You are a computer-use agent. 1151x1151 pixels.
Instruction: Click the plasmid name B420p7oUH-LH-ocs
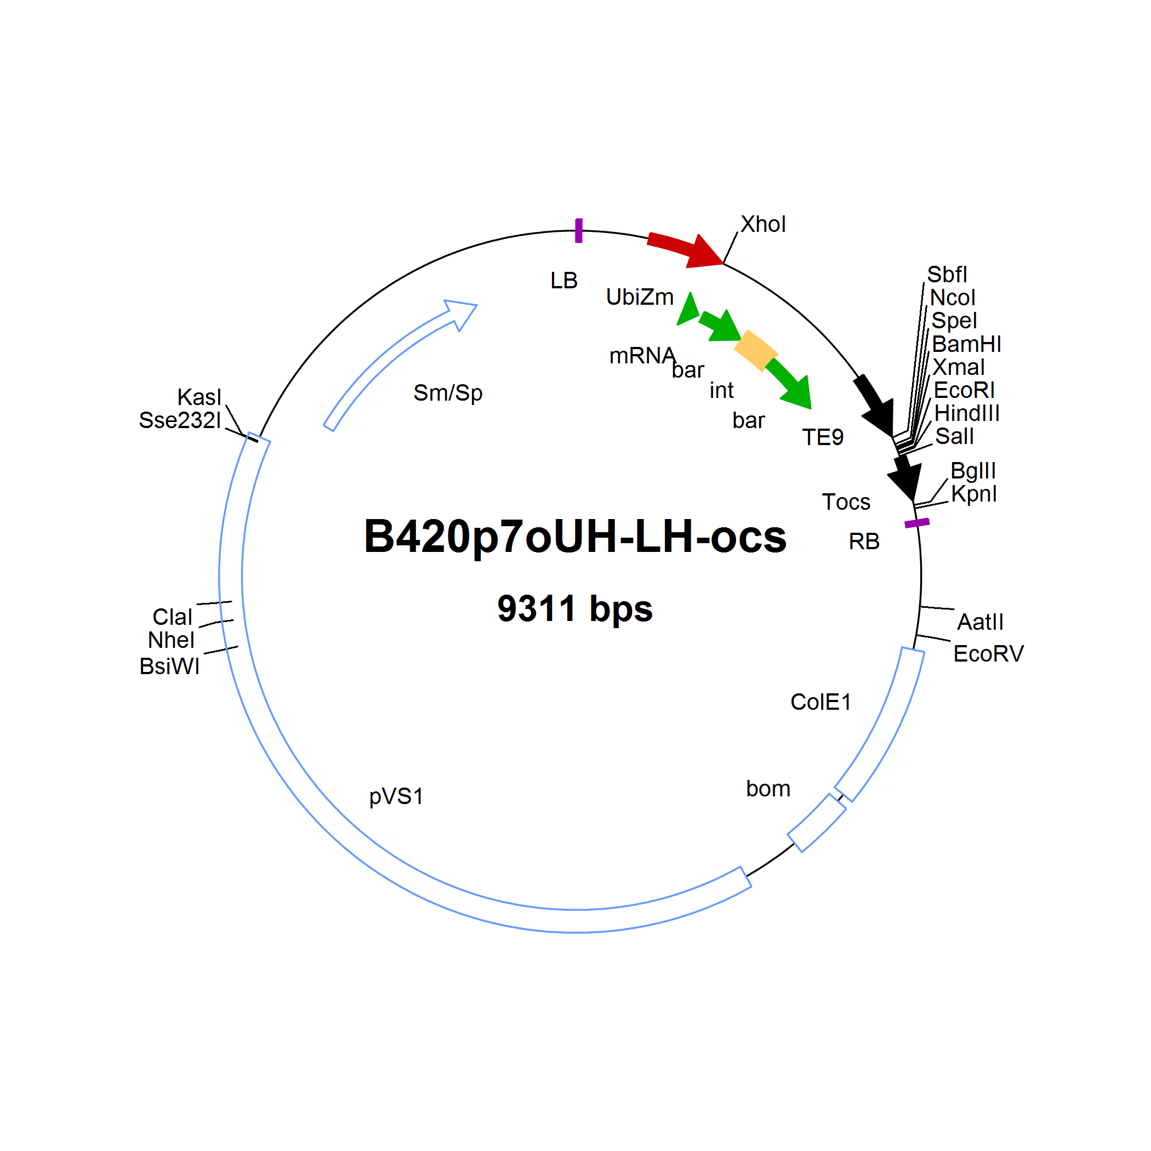pos(575,537)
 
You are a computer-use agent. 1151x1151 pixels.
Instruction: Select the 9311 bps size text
pos(575,608)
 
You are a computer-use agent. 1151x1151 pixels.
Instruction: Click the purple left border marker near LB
pos(578,231)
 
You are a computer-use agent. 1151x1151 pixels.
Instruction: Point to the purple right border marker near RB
pos(917,523)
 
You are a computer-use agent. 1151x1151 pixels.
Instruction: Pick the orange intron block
pos(755,350)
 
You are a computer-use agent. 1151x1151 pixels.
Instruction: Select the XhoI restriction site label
pos(763,225)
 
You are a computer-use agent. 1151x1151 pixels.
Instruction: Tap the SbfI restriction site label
pos(947,275)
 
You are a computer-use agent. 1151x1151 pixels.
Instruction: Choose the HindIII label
pos(967,413)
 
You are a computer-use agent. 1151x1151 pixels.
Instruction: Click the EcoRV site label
pos(988,653)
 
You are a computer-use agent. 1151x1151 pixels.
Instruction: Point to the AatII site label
pos(980,622)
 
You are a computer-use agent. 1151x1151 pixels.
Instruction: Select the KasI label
pos(199,397)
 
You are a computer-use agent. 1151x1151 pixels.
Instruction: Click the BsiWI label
pos(170,666)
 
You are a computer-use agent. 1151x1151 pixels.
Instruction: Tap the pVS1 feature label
pos(396,796)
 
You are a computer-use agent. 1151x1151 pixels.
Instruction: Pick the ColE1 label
pos(820,702)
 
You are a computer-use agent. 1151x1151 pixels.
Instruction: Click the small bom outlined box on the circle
pos(817,823)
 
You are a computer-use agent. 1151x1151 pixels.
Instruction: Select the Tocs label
pos(846,502)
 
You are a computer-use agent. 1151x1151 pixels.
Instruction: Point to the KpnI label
pos(973,494)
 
